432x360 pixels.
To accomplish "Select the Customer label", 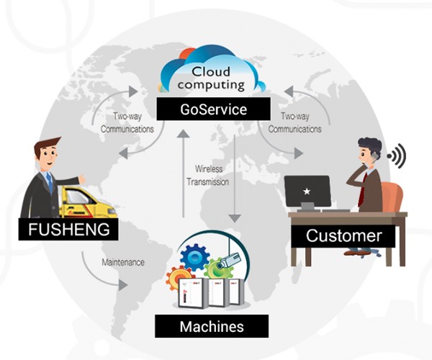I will click(343, 235).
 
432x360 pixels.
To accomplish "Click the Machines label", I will click(211, 326).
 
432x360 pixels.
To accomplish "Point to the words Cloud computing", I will click(212, 78).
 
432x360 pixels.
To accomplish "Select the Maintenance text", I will click(122, 263).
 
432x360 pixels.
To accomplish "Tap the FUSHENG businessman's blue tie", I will click(50, 183).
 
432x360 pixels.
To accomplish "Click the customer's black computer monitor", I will click(307, 192).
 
